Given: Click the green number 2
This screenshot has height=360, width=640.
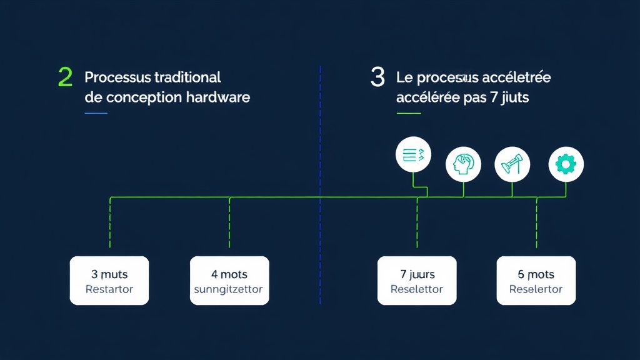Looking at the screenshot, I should coord(65,77).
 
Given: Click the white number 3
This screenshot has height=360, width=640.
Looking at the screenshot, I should coord(377,77).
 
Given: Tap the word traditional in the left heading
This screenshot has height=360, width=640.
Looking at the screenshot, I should coord(187,77).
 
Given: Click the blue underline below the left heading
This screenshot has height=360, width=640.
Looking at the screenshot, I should coord(96,113).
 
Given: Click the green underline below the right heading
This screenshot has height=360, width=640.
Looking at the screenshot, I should coord(409,113).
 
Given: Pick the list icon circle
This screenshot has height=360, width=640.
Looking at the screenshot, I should coord(414,154).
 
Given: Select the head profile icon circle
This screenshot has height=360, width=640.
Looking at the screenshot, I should coord(464,164).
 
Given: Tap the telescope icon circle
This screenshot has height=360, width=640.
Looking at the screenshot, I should coord(512,165).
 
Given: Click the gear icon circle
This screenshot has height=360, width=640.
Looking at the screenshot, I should coord(566,164).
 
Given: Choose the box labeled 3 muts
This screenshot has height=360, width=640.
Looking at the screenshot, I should coord(109,281).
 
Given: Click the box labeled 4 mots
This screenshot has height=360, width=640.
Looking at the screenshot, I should coord(229,281).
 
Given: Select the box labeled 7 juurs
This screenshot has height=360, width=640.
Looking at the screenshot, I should coord(417,281).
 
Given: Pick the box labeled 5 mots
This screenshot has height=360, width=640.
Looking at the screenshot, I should coord(536,281).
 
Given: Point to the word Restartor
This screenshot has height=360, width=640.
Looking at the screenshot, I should coord(109,289).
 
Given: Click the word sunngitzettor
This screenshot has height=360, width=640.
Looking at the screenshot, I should coord(229,289).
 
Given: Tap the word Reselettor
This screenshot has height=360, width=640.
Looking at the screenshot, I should coord(417,289).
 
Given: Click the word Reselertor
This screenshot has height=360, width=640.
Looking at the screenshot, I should coord(536,289).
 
